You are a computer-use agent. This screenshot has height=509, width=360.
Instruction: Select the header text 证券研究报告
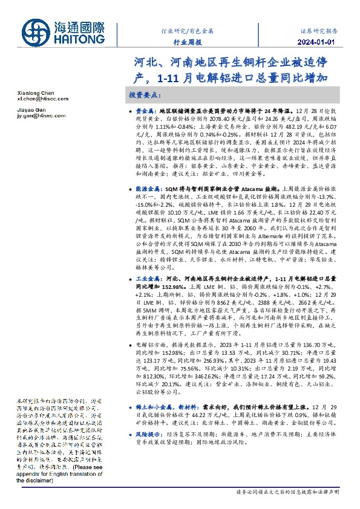(x=318, y=29)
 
